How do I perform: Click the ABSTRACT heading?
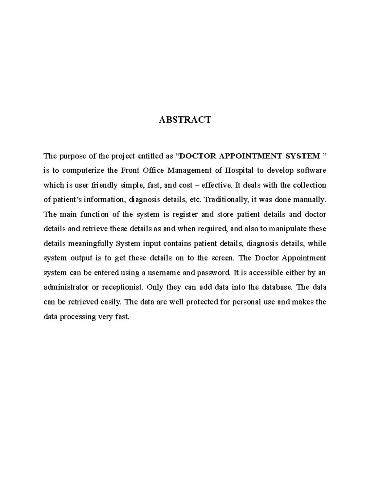185,120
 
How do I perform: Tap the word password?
213,273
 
